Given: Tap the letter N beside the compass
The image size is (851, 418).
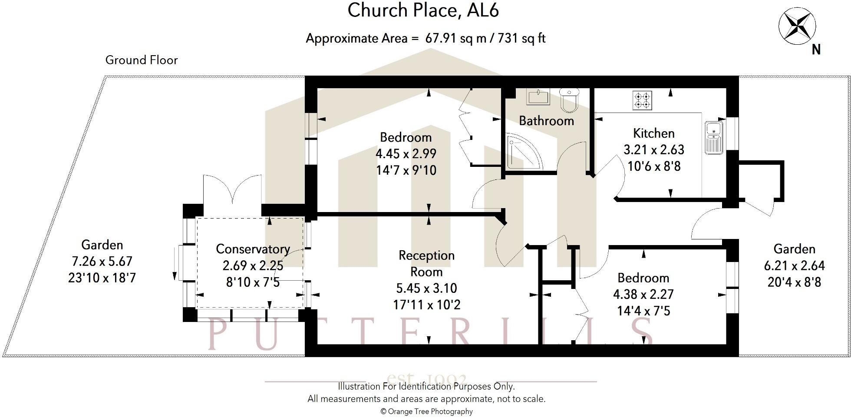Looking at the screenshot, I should click(816, 50).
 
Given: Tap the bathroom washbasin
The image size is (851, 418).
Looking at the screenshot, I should click(538, 96).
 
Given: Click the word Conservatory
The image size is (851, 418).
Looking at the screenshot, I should click(253, 249).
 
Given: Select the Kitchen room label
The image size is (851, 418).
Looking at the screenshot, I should click(653, 133).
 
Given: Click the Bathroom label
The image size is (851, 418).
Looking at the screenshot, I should click(546, 121).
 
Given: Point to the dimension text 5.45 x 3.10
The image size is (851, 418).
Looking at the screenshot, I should click(426, 288).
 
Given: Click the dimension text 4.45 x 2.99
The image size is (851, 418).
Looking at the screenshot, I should click(406, 154).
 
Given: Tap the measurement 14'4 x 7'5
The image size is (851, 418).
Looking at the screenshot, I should click(643, 311).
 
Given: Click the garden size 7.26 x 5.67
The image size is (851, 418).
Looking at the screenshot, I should click(102, 262).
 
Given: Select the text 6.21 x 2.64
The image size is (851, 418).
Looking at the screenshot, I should click(794, 265).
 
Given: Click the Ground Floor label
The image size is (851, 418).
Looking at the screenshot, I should click(142, 60).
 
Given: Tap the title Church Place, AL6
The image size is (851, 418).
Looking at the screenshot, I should click(423, 10).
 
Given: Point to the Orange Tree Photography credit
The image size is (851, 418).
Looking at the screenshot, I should click(426, 411).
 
